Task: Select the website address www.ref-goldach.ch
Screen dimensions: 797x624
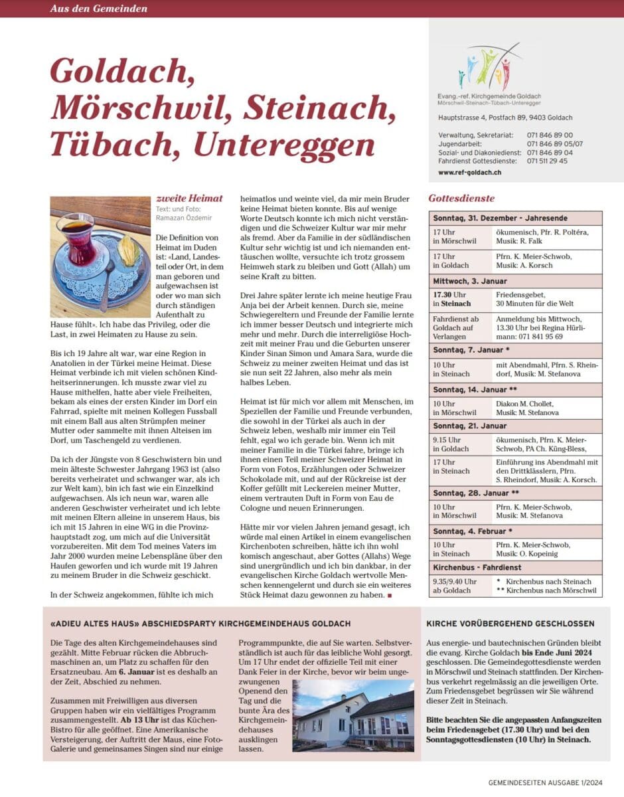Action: tap(469, 173)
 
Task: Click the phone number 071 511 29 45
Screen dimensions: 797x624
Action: tap(547, 161)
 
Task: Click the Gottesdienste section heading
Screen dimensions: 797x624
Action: tap(461, 198)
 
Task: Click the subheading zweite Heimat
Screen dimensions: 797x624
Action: tap(189, 198)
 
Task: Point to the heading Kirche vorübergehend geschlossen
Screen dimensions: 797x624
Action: tap(510, 624)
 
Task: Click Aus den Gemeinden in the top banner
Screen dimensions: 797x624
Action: tap(98, 9)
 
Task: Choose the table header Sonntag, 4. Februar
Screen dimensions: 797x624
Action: tap(479, 531)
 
